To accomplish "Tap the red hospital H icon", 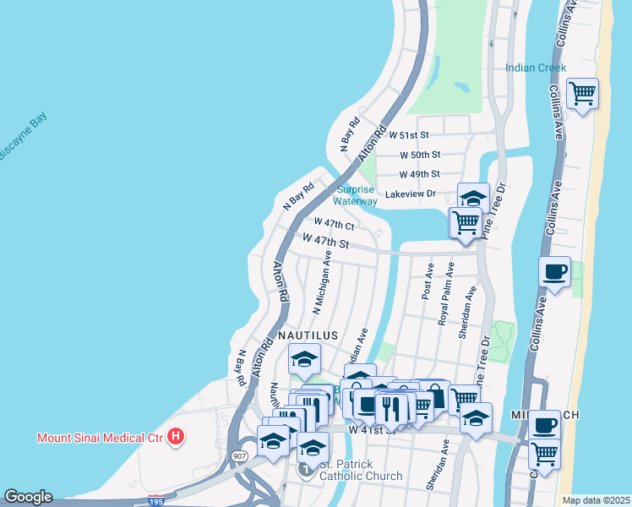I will point(175,437).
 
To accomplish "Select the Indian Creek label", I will point(536,68).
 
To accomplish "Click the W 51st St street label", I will point(409,135).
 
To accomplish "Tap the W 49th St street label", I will point(419,174).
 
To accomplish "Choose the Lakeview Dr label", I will point(410,194).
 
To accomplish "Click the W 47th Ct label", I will point(334,224).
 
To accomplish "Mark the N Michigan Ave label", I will point(322,281).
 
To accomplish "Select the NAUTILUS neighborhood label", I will point(306,335).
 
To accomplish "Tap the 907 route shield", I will point(239,456).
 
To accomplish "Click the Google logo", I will point(28,497).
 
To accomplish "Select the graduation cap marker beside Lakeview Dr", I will point(474,198).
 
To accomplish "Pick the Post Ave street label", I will point(429,281).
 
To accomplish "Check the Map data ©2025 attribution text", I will point(596,500).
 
